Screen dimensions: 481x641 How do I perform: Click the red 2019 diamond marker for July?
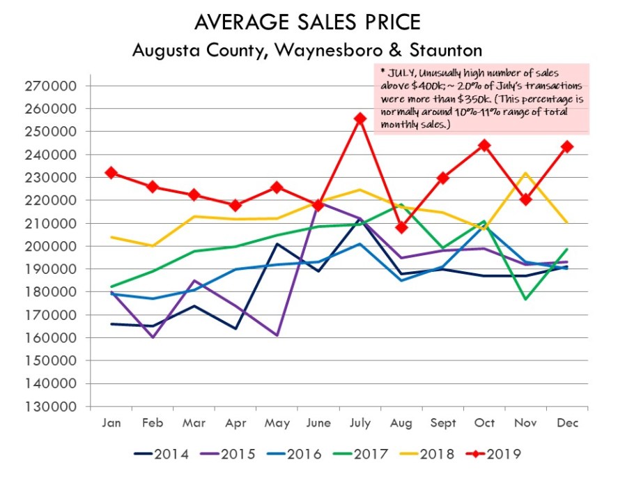point(360,119)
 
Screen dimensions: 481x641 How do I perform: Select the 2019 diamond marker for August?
point(401,227)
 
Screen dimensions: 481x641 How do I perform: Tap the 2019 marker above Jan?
point(111,173)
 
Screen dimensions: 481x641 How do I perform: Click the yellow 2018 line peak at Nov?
point(526,174)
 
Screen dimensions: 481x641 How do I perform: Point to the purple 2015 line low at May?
point(277,335)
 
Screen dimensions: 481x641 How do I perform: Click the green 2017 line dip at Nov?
point(526,299)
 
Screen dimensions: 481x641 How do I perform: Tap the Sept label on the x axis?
point(443,423)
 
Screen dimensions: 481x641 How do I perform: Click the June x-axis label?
point(318,423)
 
